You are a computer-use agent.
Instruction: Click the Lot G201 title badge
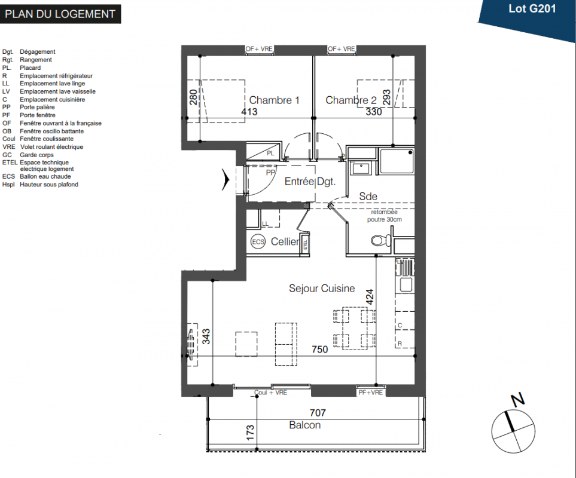pyautogui.click(x=532, y=9)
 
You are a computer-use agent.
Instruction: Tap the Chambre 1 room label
pyautogui.click(x=274, y=100)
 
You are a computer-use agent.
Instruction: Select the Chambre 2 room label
pyautogui.click(x=351, y=100)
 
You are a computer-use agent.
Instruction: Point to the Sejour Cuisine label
pyautogui.click(x=322, y=289)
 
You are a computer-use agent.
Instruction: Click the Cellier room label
pyautogui.click(x=285, y=241)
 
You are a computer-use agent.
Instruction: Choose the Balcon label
pyautogui.click(x=304, y=425)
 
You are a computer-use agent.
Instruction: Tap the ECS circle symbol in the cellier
pyautogui.click(x=258, y=242)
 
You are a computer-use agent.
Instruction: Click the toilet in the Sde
pyautogui.click(x=380, y=241)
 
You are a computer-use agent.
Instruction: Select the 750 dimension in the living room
pyautogui.click(x=319, y=349)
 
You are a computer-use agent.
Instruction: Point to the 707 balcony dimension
pyautogui.click(x=318, y=413)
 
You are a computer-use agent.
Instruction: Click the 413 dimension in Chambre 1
pyautogui.click(x=249, y=112)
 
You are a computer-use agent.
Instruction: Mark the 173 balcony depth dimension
pyautogui.click(x=250, y=433)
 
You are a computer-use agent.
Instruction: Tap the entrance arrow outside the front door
pyautogui.click(x=225, y=180)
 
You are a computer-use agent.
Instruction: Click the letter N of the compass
pyautogui.click(x=518, y=399)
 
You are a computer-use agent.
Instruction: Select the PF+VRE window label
pyautogui.click(x=371, y=393)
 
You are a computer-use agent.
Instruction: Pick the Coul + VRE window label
pyautogui.click(x=271, y=393)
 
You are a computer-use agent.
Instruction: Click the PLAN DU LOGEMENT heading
pyautogui.click(x=60, y=14)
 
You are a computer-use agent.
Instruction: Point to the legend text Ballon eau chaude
pyautogui.click(x=45, y=176)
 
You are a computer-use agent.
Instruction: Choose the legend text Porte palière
pyautogui.click(x=37, y=107)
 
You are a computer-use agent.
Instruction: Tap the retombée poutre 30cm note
pyautogui.click(x=384, y=216)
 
